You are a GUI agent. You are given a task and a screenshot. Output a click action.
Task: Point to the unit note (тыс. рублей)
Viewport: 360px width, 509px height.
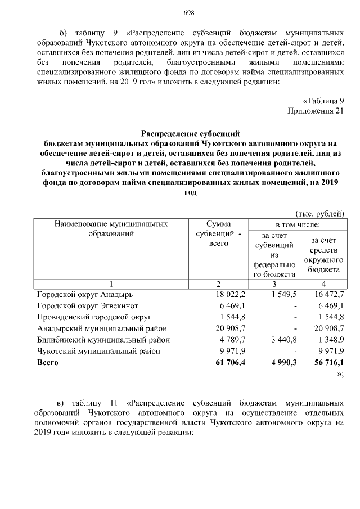pyautogui.click(x=319, y=213)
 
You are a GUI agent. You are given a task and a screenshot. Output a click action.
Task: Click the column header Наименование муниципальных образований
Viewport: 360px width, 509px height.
pyautogui.click(x=111, y=228)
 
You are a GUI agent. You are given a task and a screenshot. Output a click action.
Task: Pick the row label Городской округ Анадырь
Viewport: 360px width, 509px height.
pyautogui.click(x=84, y=294)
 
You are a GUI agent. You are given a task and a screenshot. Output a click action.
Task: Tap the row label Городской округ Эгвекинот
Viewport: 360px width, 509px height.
pyautogui.click(x=88, y=305)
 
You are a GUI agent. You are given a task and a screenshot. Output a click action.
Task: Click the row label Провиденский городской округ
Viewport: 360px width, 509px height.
pyautogui.click(x=94, y=317)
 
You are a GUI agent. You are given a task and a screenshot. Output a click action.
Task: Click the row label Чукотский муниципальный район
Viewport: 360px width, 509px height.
pyautogui.click(x=98, y=351)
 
